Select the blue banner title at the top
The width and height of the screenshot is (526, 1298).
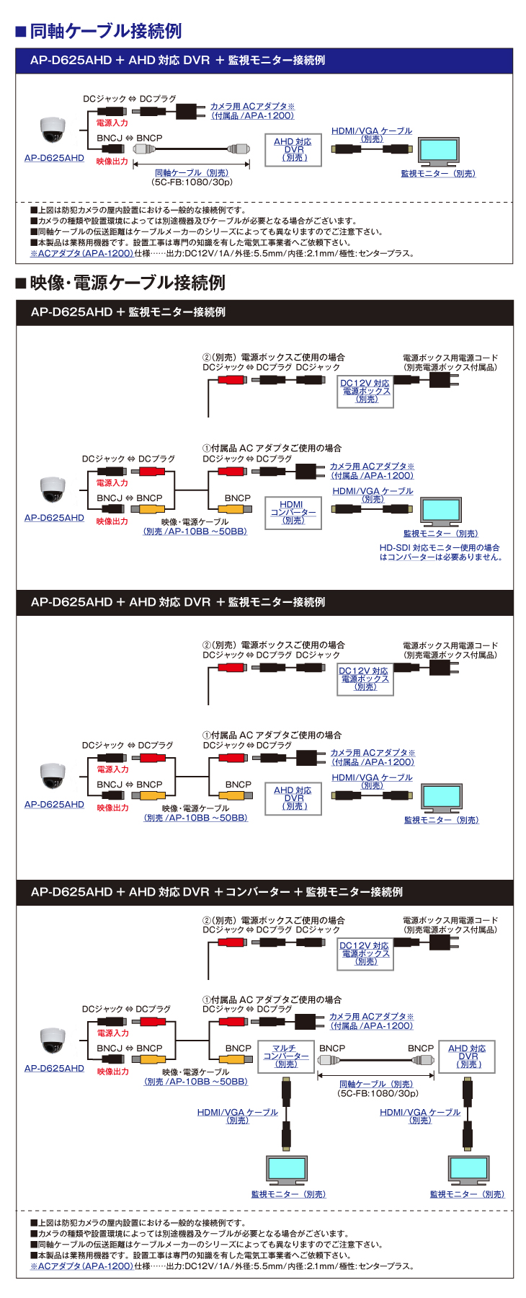tap(177, 61)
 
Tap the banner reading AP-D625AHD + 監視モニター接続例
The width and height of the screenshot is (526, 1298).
tap(128, 312)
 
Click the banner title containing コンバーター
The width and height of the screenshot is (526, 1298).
tap(216, 892)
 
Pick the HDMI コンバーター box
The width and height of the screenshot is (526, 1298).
tap(293, 512)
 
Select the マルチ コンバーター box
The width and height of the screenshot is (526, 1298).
tap(286, 1056)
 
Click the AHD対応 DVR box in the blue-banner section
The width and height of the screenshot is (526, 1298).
tap(293, 150)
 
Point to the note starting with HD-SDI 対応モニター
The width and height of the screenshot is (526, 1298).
tap(440, 552)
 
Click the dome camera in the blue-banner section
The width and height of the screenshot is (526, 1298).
tap(53, 131)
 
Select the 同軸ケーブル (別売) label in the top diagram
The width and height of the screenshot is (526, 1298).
tap(192, 173)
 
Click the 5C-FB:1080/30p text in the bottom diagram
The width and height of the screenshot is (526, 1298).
tap(377, 1093)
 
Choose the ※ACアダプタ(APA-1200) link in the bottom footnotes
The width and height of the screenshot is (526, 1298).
tap(81, 1266)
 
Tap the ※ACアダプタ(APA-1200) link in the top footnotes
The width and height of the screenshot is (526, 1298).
tap(81, 253)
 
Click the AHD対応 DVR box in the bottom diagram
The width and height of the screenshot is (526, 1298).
tap(467, 1056)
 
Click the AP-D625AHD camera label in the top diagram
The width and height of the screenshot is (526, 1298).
tap(54, 158)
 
